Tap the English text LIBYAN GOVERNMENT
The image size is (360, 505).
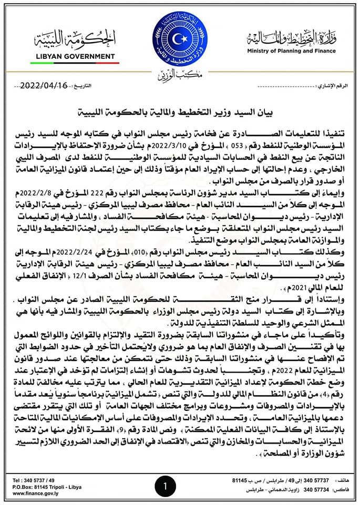[x=73, y=56]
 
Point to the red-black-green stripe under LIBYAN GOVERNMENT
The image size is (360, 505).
[x=74, y=63]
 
